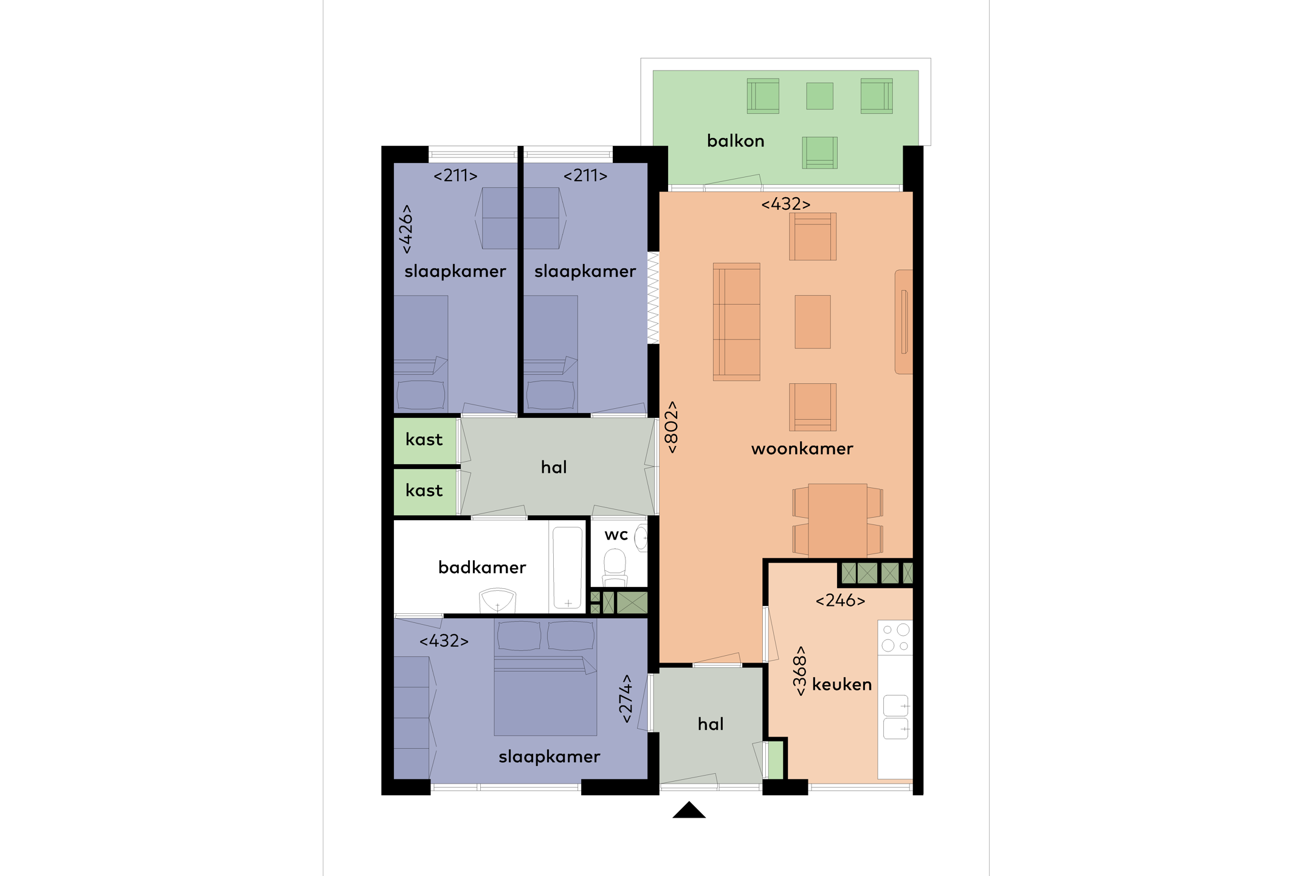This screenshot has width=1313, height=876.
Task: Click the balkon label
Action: pos(736,141)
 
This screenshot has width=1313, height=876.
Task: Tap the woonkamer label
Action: pos(802,449)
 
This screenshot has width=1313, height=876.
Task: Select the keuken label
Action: pos(842,684)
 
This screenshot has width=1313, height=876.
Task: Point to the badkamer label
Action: pos(482,568)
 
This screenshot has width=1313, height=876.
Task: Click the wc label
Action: pos(616,535)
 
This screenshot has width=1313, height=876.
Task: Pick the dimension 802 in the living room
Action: pos(672,427)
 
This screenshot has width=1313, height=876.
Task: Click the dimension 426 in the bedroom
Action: pos(406,229)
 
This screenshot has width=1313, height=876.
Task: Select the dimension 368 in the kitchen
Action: pos(801,670)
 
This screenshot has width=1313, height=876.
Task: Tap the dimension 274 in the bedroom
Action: pos(626,698)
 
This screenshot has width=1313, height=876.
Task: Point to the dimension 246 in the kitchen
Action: pos(840,601)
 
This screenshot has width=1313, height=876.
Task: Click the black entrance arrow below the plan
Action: pos(689,810)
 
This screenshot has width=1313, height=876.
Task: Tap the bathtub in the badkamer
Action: pos(567,567)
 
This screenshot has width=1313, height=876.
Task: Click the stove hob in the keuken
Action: pos(895,638)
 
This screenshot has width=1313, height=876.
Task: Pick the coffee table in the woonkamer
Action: pos(813,322)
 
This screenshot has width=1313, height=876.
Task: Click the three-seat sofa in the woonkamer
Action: pos(736,322)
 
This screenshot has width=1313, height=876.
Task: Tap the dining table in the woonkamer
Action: pos(838,520)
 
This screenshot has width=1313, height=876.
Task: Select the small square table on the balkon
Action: pos(819,96)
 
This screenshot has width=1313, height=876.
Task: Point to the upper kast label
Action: pos(424,440)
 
